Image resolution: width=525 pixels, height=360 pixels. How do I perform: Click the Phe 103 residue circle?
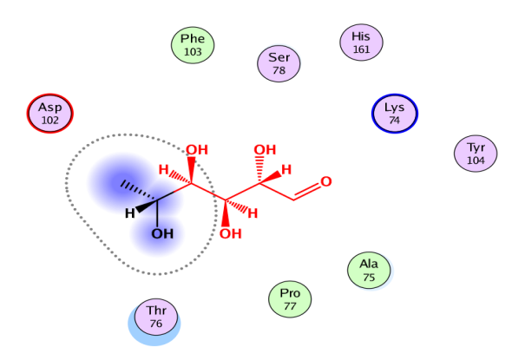tap(192, 45)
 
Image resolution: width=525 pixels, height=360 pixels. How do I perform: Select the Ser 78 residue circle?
tap(279, 63)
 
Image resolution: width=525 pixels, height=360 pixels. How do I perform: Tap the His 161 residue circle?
tap(360, 42)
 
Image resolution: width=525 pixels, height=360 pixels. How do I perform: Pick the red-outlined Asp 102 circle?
tap(50, 114)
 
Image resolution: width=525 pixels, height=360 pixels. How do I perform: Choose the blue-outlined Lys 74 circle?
tap(395, 114)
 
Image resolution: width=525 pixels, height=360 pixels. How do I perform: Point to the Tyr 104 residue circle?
tap(476, 154)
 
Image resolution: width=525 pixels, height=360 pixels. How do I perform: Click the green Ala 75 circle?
tap(369, 271)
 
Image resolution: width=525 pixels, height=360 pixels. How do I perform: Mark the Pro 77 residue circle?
tap(289, 299)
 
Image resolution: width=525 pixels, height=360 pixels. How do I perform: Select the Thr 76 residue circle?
tap(156, 317)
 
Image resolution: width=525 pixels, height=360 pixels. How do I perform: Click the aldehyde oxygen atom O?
tap(326, 182)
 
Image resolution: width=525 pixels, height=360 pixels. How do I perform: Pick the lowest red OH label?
tap(230, 233)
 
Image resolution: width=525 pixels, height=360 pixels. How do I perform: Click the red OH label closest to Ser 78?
tap(264, 151)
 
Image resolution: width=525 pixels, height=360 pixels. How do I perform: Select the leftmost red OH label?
tap(197, 149)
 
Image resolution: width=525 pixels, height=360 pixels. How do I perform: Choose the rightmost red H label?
tap(285, 168)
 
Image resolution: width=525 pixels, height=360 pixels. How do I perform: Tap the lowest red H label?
tap(254, 213)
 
